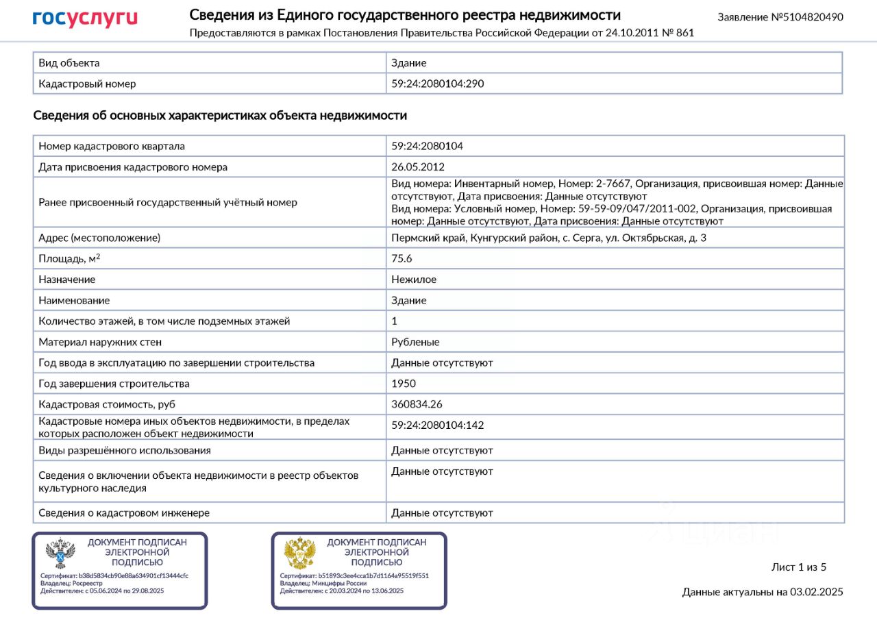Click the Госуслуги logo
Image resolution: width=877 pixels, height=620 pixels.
(x=85, y=18)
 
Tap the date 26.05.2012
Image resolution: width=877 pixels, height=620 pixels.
(x=418, y=166)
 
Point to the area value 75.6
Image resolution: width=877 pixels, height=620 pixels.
(x=402, y=258)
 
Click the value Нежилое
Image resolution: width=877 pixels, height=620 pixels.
(x=414, y=280)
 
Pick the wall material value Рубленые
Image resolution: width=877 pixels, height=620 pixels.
(x=415, y=342)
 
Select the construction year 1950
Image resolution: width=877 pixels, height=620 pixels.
(x=404, y=384)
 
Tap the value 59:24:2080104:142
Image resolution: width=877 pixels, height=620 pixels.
(x=438, y=425)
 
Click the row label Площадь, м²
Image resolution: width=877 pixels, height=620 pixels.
(x=74, y=258)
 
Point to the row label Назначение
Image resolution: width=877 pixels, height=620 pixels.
(x=67, y=280)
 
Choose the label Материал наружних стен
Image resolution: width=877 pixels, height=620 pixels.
(x=100, y=342)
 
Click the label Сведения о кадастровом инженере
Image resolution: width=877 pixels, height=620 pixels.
(x=124, y=512)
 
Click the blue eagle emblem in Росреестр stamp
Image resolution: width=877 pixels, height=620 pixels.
(x=60, y=552)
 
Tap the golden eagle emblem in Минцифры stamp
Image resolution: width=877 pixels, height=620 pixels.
(x=299, y=552)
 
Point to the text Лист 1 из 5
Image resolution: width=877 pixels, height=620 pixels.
(x=799, y=567)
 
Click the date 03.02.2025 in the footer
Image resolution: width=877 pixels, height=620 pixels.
(x=816, y=592)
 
